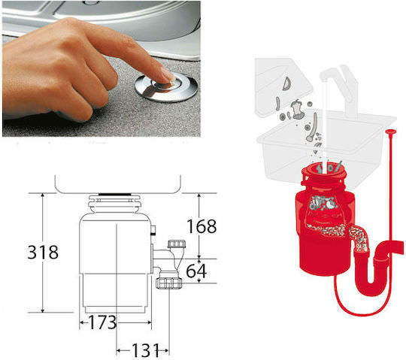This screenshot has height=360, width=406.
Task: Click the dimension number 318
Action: [43, 253]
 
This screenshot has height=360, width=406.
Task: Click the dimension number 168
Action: [201, 226]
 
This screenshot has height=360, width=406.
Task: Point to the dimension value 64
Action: [196, 271]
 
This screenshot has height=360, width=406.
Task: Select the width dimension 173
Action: [102, 322]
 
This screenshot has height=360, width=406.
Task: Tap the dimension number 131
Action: [146, 350]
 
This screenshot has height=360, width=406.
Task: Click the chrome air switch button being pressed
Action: [166, 88]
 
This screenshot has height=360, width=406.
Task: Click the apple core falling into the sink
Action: [297, 109]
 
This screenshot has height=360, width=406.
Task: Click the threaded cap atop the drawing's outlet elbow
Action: [177, 244]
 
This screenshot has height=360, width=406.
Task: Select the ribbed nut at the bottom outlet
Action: [169, 283]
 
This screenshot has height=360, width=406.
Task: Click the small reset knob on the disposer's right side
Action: [154, 229]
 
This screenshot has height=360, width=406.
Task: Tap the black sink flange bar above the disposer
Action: [115, 194]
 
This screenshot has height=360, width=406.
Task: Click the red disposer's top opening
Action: [327, 169]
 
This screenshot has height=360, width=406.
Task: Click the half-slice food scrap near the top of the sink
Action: [287, 84]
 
